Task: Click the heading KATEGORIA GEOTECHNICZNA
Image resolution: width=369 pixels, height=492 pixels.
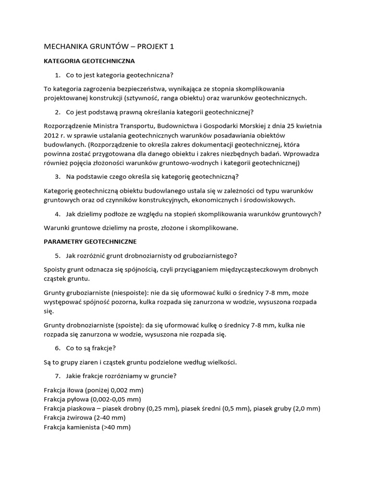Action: click(89, 61)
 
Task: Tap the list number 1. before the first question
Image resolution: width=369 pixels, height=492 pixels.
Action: click(58, 75)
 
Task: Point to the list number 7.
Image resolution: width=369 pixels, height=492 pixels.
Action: click(58, 376)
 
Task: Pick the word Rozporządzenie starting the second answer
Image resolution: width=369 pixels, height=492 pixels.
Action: click(69, 126)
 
